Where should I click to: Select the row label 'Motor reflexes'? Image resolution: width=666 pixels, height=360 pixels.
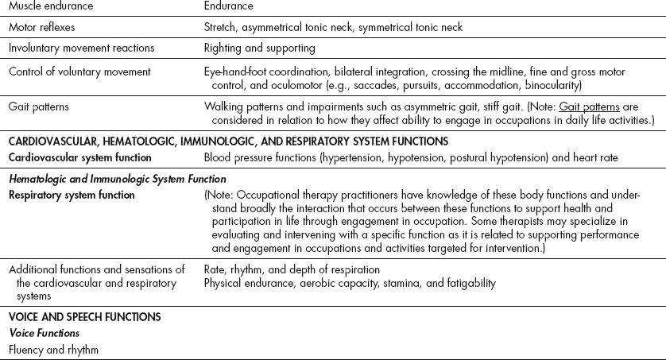42,27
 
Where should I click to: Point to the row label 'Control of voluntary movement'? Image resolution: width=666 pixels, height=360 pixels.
79,71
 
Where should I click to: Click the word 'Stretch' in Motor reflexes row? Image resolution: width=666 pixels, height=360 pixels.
221,27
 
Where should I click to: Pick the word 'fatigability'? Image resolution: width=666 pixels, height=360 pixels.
468,283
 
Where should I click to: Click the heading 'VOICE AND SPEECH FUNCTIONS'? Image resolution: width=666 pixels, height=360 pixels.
85,316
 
